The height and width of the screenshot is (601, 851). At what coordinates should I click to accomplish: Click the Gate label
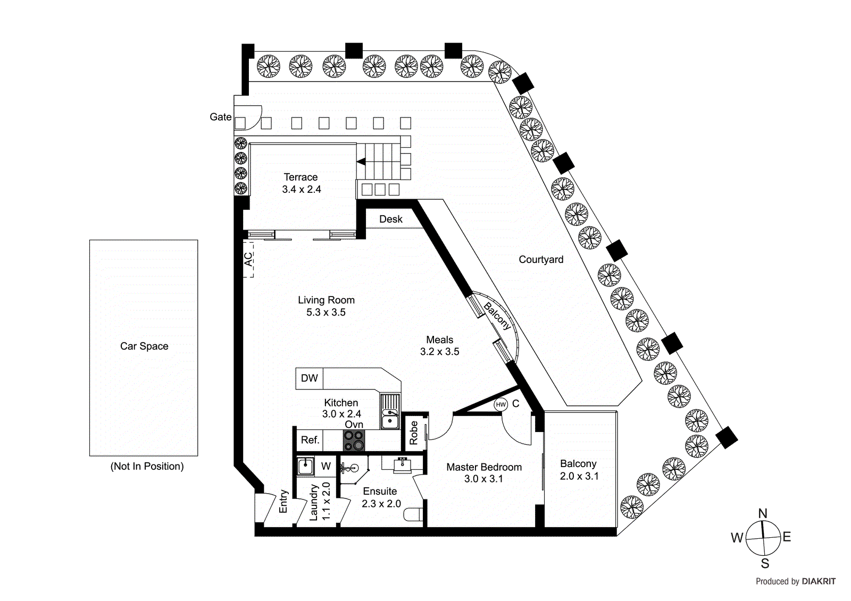point(220,117)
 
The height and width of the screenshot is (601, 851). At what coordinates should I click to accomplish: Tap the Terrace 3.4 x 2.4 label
point(301,183)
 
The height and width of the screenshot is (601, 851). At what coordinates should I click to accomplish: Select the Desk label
point(390,219)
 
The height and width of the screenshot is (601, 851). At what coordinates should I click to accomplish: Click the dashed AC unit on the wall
point(248,259)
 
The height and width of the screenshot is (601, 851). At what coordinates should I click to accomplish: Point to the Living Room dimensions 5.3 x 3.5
point(326,312)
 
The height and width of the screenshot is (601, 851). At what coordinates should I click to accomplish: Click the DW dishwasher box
point(309,378)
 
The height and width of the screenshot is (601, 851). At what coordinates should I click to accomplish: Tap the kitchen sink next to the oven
point(390,411)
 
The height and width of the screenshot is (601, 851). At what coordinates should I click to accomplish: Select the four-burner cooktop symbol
point(354,440)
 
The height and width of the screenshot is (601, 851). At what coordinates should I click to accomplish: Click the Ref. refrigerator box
point(310,440)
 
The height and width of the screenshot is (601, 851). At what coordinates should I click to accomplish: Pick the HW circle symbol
point(500,404)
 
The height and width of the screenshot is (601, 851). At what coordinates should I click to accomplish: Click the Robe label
point(414,433)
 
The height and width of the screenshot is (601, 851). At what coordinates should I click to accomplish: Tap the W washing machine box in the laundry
point(326,467)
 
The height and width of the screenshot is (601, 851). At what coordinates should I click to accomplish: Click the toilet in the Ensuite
point(413,514)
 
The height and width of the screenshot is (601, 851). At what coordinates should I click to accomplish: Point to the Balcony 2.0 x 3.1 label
point(579,470)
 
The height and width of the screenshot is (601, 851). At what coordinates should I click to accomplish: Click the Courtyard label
point(541,259)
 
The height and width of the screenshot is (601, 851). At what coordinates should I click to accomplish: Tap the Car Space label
point(144,346)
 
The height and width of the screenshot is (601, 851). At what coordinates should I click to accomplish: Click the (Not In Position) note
point(147,466)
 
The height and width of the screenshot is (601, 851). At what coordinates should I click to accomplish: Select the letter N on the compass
point(763,513)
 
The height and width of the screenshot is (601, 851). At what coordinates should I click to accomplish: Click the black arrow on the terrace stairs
point(361,162)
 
